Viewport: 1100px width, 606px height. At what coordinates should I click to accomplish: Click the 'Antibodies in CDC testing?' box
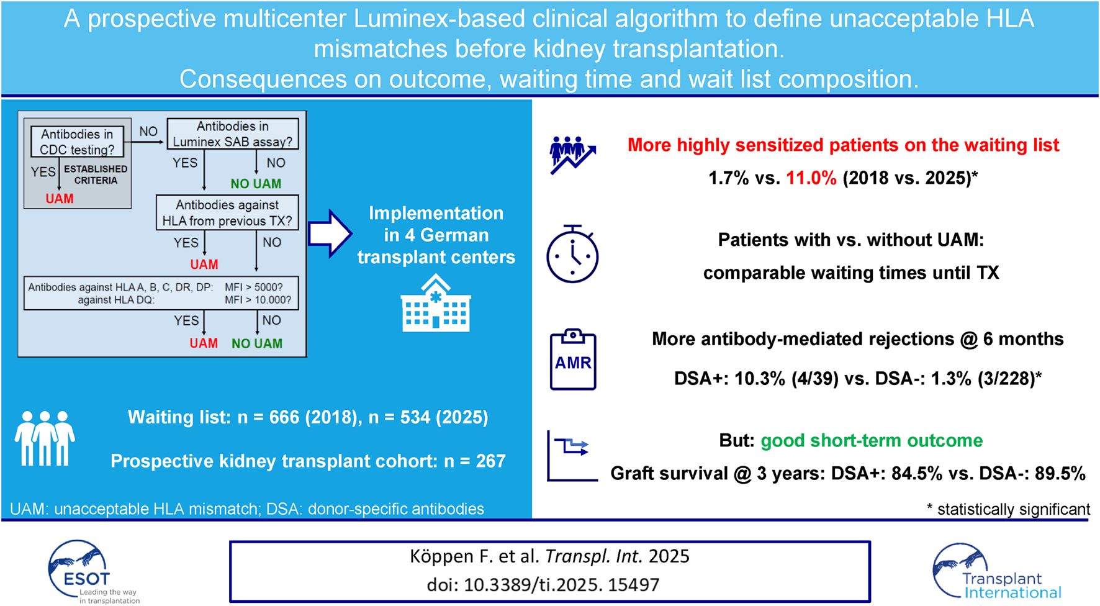[x=77, y=142]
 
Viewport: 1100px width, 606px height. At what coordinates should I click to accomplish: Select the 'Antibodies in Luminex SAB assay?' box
[x=233, y=134]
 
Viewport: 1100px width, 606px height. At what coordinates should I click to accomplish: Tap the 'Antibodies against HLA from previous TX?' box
[x=227, y=213]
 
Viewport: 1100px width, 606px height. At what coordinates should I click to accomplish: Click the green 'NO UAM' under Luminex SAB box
[x=256, y=184]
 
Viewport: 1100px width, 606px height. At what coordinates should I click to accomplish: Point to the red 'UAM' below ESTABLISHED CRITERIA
[x=60, y=199]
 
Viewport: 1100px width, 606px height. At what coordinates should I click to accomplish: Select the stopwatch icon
[x=572, y=255]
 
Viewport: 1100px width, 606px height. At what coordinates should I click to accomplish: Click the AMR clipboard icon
[x=573, y=360]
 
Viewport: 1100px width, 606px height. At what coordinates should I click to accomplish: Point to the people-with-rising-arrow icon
[x=572, y=155]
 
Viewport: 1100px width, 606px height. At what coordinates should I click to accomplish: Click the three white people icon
[x=45, y=438]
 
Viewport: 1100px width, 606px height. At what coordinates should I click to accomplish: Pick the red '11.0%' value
[x=811, y=178]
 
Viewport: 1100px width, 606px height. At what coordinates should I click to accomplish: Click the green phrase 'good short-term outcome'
[x=872, y=440]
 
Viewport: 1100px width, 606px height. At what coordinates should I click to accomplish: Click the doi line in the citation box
[x=543, y=585]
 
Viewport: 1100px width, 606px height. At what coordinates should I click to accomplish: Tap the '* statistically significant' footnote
[x=1008, y=509]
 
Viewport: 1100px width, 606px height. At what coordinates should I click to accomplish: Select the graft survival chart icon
[x=572, y=456]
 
